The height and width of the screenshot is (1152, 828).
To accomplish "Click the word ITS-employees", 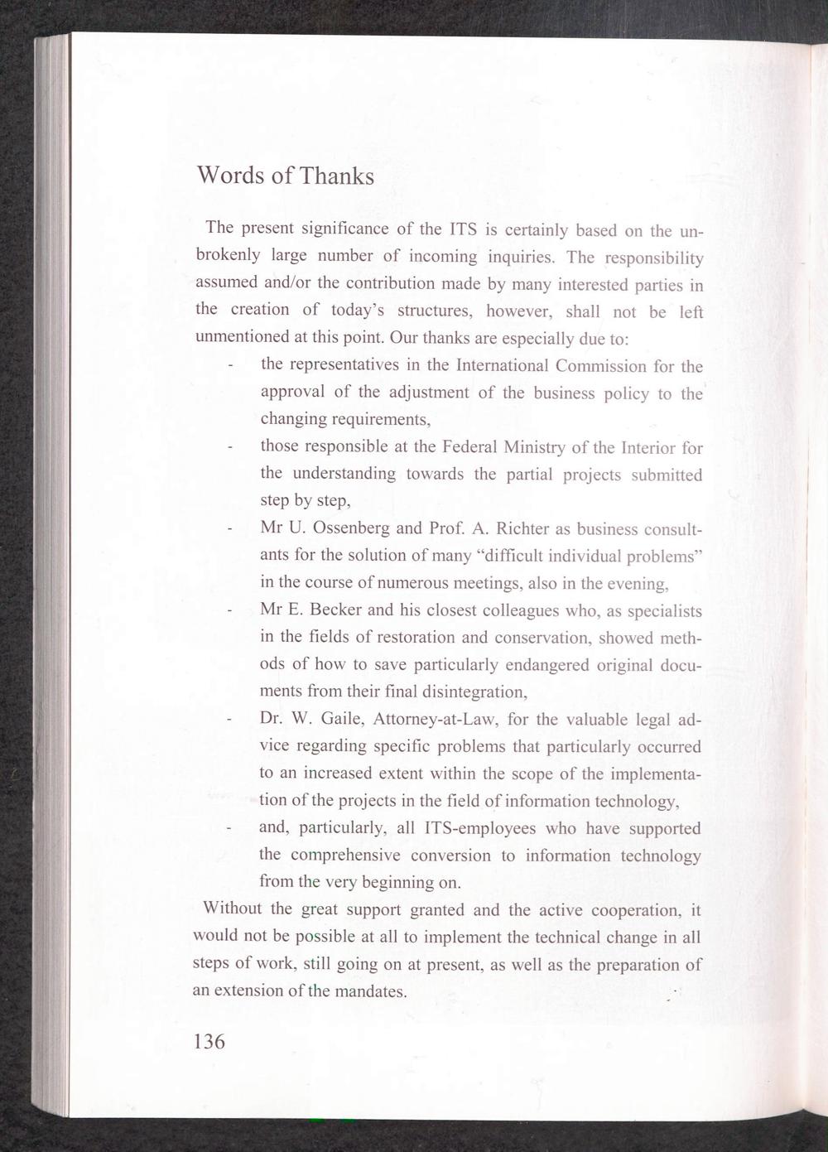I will pos(472,828).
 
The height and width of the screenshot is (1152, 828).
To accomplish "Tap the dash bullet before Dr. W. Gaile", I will pos(228,720).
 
